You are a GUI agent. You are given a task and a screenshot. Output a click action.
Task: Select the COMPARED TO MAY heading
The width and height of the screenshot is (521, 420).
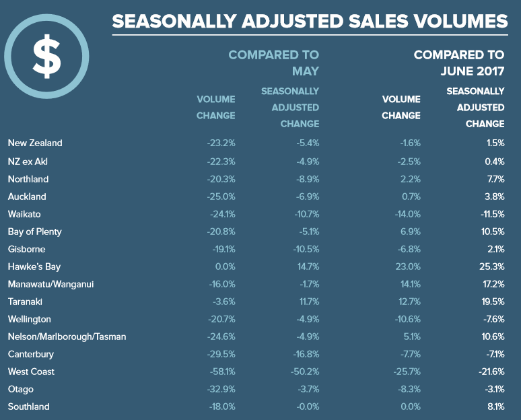pyautogui.click(x=274, y=63)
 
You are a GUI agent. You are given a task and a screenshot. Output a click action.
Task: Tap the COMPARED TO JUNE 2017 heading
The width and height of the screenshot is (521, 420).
pyautogui.click(x=459, y=63)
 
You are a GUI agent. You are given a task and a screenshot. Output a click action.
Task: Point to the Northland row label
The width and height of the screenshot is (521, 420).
pyautogui.click(x=28, y=179)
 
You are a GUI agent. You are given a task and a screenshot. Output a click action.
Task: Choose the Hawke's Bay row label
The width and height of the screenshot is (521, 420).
pyautogui.click(x=31, y=267)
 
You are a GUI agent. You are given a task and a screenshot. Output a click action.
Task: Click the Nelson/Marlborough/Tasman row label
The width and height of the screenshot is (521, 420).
pyautogui.click(x=67, y=337)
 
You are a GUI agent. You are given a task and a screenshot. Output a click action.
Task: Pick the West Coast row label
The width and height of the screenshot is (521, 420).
pyautogui.click(x=31, y=372)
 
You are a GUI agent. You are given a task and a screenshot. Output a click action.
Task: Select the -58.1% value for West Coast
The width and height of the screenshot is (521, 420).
pyautogui.click(x=221, y=372)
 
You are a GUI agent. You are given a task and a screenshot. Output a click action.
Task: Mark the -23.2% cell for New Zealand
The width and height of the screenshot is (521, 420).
pyautogui.click(x=221, y=143)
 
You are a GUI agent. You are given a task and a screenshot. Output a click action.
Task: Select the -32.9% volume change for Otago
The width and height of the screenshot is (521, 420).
pyautogui.click(x=221, y=389)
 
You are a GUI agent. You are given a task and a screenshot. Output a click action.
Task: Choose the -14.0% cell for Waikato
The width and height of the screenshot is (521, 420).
pyautogui.click(x=407, y=214)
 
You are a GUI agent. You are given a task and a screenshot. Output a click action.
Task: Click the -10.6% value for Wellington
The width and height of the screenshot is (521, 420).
pyautogui.click(x=407, y=319)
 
